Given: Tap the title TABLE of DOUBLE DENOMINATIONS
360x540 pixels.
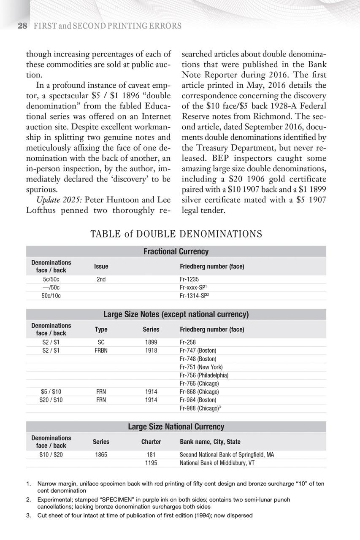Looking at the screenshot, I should click(x=176, y=234).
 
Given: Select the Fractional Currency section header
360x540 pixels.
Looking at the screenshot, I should click(x=176, y=251).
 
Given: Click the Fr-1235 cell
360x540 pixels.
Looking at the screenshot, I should click(x=189, y=279).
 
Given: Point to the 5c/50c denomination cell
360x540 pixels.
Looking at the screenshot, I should click(x=51, y=279).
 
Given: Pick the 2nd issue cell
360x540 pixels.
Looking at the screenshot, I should click(x=101, y=279).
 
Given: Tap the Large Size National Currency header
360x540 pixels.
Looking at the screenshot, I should click(x=176, y=427).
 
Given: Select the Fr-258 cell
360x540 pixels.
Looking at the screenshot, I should click(x=187, y=342).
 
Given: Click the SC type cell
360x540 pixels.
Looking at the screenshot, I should click(x=101, y=342).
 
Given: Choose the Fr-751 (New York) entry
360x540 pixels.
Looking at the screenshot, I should click(x=201, y=367).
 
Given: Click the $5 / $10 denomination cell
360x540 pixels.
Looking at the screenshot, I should click(x=51, y=391).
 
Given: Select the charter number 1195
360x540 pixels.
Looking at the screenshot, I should click(x=151, y=463).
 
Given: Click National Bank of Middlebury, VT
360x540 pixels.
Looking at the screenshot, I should click(x=217, y=463).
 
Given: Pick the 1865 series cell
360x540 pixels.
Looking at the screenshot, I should click(x=101, y=455).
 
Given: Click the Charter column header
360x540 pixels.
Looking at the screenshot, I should click(x=151, y=442).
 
